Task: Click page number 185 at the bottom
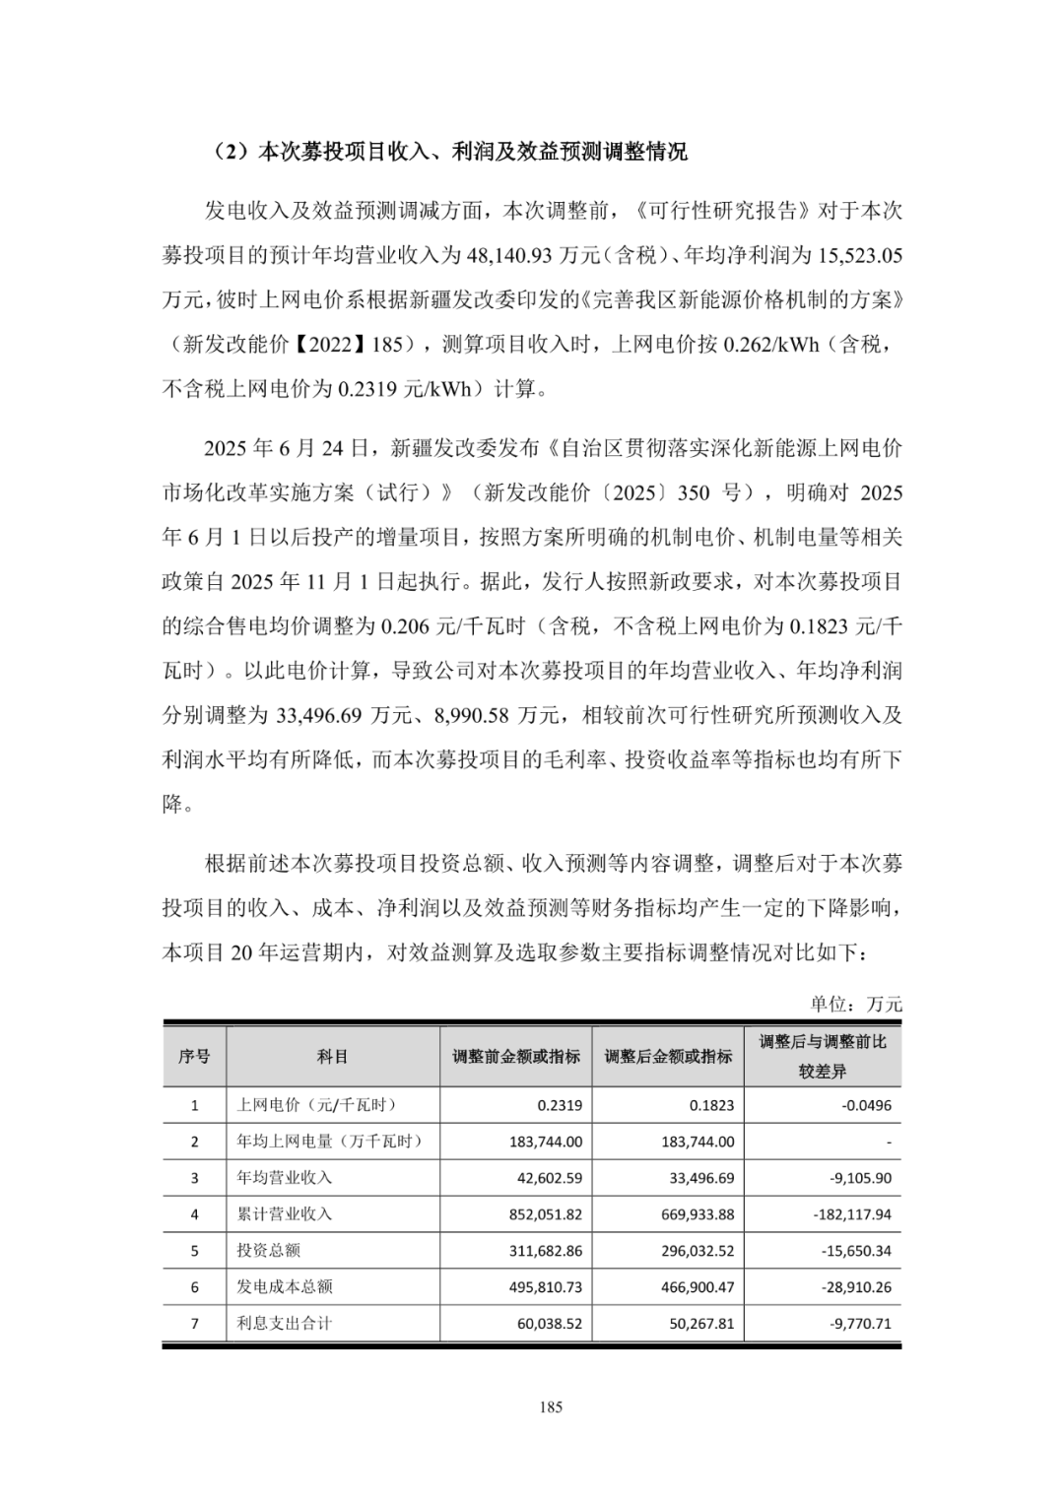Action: click(x=551, y=1407)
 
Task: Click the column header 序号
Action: click(x=194, y=1056)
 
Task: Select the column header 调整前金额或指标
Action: click(x=516, y=1056)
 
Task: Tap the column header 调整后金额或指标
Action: click(x=668, y=1056)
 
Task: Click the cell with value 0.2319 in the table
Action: click(x=560, y=1105)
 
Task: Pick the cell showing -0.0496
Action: click(x=866, y=1105)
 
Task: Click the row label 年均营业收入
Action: click(x=284, y=1178)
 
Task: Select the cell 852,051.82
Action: click(x=546, y=1214)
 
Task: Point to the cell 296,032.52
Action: click(x=698, y=1251)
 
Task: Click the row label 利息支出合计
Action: click(x=284, y=1324)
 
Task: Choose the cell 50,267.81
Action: click(x=701, y=1324)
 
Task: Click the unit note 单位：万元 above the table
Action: click(x=855, y=1004)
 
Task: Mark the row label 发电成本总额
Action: click(x=284, y=1287)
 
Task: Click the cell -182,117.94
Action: click(x=852, y=1214)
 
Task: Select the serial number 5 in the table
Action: click(x=194, y=1251)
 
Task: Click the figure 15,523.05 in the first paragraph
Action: click(x=855, y=255)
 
